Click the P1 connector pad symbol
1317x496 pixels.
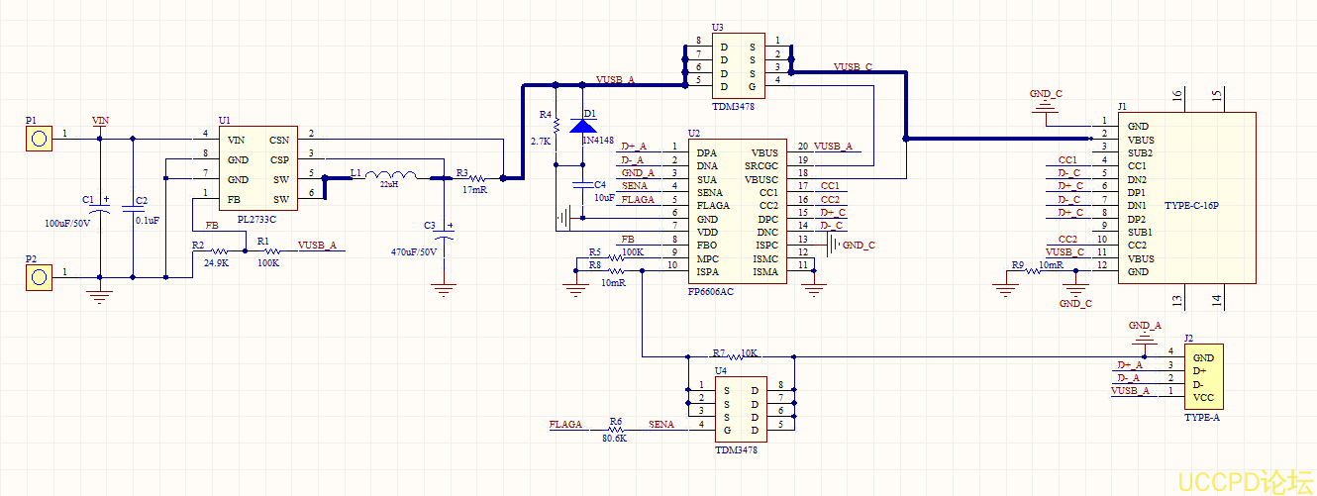38,138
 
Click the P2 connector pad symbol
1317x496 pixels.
38,276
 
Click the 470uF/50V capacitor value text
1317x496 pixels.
414,251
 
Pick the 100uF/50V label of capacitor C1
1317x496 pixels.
67,223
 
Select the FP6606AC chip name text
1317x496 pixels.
711,291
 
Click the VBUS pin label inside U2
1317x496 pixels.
764,152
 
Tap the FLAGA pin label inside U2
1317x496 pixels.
714,206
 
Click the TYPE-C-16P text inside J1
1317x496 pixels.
1190,206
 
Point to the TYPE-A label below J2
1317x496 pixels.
1202,418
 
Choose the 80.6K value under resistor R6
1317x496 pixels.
615,438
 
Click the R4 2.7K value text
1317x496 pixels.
541,143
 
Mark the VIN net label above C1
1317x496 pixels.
100,121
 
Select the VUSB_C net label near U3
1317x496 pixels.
853,67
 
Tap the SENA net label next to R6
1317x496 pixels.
661,424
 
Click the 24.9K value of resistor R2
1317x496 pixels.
216,264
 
